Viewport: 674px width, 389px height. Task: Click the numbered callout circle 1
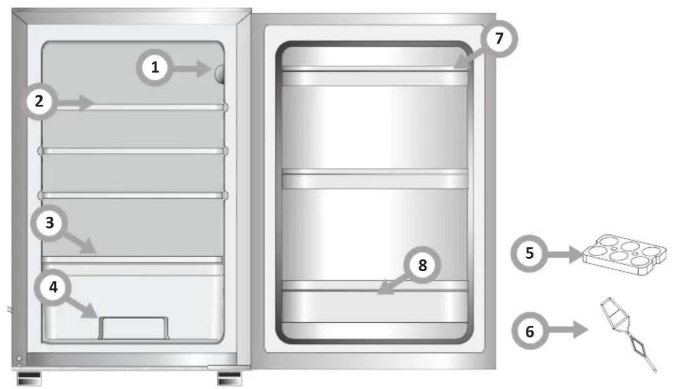[x=155, y=68]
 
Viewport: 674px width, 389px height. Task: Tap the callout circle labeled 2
[x=40, y=101]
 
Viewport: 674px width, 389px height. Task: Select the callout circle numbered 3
[x=49, y=223]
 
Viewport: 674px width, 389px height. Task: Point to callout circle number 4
[x=53, y=287]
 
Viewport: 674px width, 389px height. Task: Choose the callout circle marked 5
[x=529, y=253]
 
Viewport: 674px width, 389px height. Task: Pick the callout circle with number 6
[x=530, y=331]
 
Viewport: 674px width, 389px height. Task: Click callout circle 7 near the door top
[x=499, y=39]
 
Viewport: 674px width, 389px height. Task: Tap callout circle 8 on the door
[x=422, y=265]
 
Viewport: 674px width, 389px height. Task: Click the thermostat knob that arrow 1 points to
[x=220, y=74]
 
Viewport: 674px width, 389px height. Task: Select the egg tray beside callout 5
[x=625, y=255]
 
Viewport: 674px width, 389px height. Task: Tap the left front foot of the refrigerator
[x=29, y=379]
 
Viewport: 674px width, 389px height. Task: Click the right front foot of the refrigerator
[x=229, y=379]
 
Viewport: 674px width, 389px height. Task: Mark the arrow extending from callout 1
[x=191, y=69]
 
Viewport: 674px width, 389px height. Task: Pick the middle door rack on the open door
[x=375, y=179]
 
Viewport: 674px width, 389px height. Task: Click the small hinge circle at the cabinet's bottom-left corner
[x=19, y=358]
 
